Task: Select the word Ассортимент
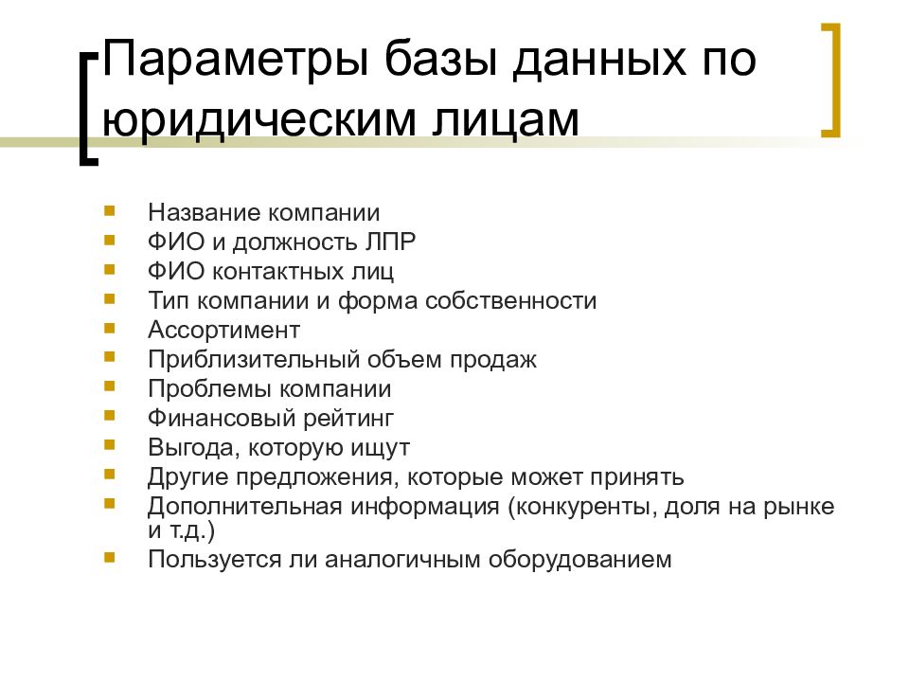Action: (x=223, y=330)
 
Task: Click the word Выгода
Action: (x=184, y=447)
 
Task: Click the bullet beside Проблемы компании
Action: (x=111, y=386)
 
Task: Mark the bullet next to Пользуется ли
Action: (x=111, y=557)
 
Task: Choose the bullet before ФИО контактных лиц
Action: (x=111, y=269)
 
